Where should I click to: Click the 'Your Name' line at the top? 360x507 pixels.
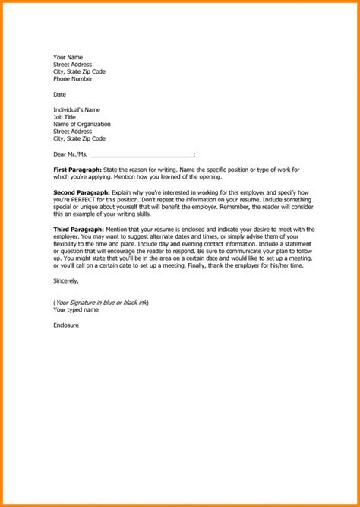[x=68, y=57]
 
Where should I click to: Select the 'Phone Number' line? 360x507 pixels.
[x=74, y=79]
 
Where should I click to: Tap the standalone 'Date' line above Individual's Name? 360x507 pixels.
[x=60, y=94]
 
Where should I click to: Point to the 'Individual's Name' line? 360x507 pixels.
[x=77, y=109]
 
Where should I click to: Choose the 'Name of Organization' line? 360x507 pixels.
[x=81, y=124]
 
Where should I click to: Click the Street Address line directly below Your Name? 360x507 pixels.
[x=74, y=65]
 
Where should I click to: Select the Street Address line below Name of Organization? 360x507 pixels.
[x=74, y=132]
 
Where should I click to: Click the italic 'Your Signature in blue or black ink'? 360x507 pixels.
[x=101, y=303]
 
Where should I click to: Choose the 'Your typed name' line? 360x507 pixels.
[x=76, y=310]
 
